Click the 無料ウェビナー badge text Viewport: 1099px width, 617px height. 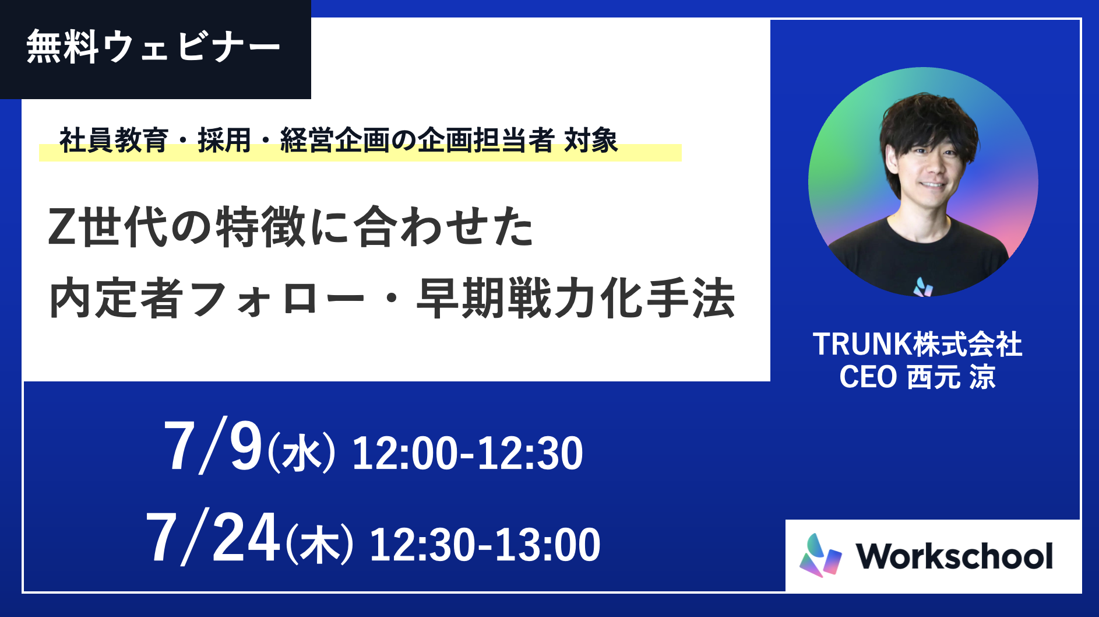[x=153, y=46]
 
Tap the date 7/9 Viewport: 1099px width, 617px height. [x=213, y=447]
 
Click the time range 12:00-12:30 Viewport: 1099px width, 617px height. [x=467, y=453]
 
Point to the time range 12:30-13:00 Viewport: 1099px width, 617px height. [x=485, y=545]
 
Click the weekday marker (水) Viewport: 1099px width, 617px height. [x=301, y=453]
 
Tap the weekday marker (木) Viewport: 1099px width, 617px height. [x=319, y=545]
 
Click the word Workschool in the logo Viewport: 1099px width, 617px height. [x=954, y=556]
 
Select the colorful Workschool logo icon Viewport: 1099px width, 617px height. [x=820, y=555]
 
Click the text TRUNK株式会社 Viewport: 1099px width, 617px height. [x=917, y=344]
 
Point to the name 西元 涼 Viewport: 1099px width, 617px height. [x=952, y=377]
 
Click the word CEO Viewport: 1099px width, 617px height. [x=868, y=377]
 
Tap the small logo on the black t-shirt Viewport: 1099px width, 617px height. [x=922, y=286]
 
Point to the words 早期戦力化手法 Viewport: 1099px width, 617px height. [x=576, y=299]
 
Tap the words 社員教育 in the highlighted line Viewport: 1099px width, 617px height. [x=114, y=141]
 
